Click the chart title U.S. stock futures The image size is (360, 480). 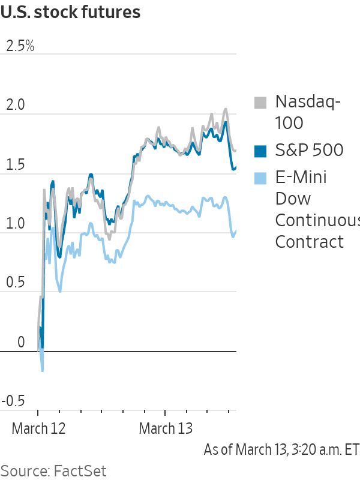[71, 11]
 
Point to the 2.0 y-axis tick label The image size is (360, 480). [16, 105]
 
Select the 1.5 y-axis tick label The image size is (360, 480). [16, 164]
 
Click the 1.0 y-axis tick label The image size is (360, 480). [16, 224]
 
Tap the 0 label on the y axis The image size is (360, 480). [21, 343]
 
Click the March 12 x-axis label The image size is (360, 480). [38, 429]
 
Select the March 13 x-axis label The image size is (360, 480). [166, 429]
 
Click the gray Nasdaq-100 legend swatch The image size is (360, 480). [260, 103]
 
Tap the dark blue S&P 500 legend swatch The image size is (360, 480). [260, 151]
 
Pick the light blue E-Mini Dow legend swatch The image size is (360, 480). [260, 178]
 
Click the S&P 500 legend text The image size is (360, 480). [309, 151]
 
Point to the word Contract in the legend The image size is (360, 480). [309, 242]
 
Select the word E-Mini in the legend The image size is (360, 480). [302, 178]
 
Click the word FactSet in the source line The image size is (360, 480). [79, 470]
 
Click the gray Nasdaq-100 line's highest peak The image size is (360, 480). [226, 109]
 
